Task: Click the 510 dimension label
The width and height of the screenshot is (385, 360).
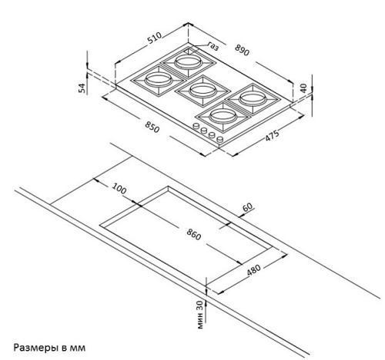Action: point(154,38)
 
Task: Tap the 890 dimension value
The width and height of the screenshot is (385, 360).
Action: point(242,50)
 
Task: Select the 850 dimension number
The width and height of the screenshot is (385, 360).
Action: point(152,127)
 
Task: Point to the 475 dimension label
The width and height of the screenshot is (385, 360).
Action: point(272,135)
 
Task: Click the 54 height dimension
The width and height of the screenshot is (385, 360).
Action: point(82,88)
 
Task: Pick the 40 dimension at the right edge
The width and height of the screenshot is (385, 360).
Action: point(303,88)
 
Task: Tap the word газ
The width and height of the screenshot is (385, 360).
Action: point(213,46)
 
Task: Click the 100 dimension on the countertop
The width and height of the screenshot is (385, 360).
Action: point(119,188)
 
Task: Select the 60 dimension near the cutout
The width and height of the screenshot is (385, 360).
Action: point(247,207)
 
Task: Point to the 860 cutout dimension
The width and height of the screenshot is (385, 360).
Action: point(193,235)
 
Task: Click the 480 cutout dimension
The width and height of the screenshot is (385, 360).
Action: point(253,270)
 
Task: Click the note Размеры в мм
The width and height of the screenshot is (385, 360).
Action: point(49,348)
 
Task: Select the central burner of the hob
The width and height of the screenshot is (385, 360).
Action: point(203,90)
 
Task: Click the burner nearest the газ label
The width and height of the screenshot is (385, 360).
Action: point(188,62)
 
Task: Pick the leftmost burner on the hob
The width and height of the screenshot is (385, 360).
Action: point(158,81)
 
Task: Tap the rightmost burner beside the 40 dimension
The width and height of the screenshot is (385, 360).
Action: point(253,98)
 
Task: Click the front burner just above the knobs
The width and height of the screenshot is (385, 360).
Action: point(223,117)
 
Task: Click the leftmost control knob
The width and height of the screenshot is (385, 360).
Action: point(196,126)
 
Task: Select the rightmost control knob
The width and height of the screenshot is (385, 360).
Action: point(219,140)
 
